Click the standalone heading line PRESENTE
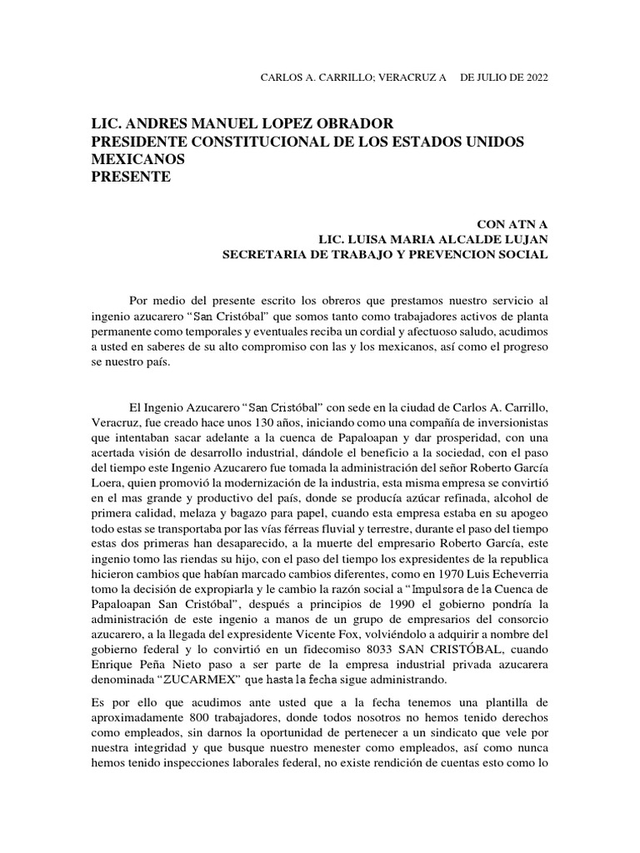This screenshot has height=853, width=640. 130,177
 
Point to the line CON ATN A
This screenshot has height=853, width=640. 512,224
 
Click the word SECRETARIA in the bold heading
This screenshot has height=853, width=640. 262,254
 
